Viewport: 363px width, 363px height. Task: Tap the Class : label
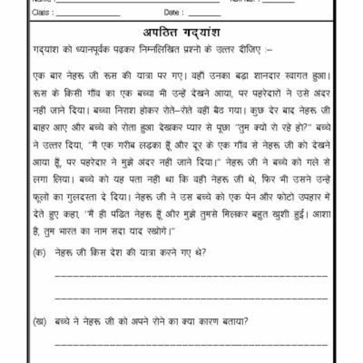[43, 13]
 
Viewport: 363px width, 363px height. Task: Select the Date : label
[174, 13]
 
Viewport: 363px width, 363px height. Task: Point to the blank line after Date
[205, 16]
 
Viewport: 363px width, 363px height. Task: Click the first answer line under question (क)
[191, 275]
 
